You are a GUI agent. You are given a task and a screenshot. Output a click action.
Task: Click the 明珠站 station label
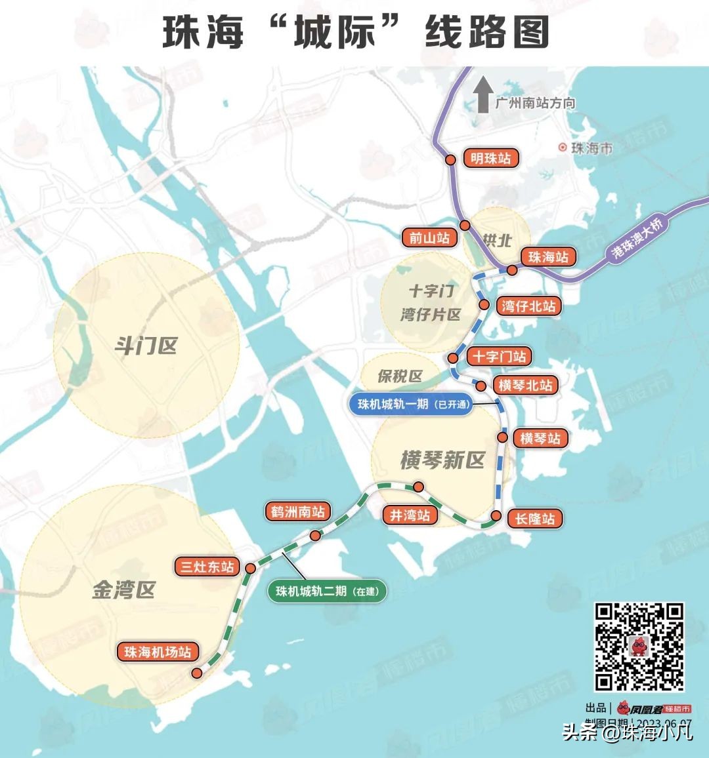[x=490, y=159]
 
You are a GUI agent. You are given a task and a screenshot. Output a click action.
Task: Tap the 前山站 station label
[x=430, y=237]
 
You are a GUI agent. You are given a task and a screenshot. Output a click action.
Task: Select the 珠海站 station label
[x=548, y=257]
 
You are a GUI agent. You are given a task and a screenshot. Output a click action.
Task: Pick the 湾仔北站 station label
[x=528, y=306]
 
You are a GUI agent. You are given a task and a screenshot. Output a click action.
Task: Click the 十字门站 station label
[x=500, y=357]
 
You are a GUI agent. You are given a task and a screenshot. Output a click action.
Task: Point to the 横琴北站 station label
[x=525, y=385]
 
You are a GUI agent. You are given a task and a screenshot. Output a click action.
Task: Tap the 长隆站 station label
[x=535, y=519]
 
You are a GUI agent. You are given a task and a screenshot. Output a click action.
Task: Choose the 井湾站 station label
[x=410, y=515]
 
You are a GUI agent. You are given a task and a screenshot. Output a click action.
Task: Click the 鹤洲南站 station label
[x=297, y=511]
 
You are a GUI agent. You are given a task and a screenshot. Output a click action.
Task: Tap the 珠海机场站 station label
[x=158, y=652]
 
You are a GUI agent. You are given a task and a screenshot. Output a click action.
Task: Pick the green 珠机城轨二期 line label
[x=327, y=591]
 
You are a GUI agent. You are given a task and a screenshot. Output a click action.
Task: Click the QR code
[x=639, y=647]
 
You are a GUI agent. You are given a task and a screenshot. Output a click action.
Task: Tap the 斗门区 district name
[x=146, y=346]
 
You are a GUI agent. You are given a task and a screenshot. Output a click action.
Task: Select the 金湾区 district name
[x=123, y=590]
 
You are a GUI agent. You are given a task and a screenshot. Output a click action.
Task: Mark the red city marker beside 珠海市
[x=562, y=148]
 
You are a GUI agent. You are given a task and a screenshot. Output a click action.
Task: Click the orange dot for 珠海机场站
[x=196, y=673]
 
